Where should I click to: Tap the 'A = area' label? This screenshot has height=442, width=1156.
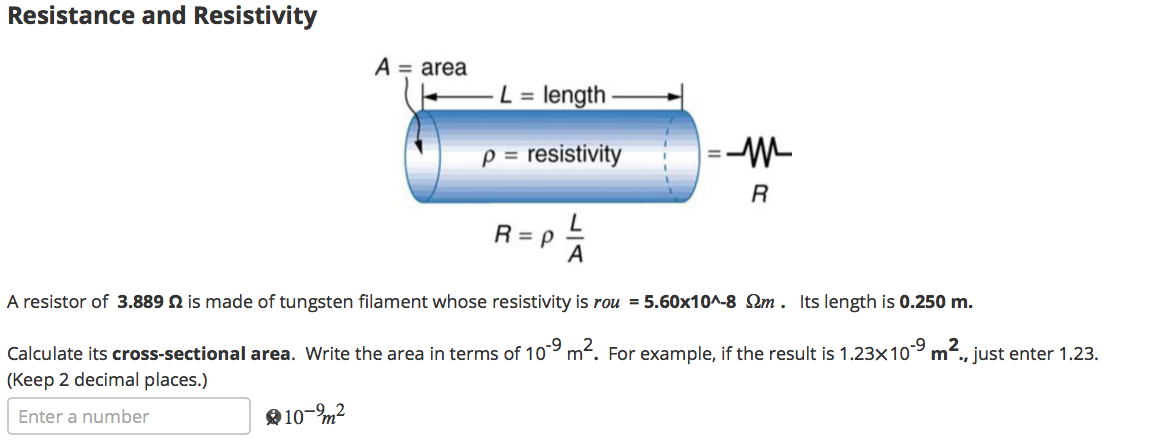pos(420,68)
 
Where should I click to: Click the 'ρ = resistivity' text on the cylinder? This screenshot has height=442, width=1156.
pos(551,155)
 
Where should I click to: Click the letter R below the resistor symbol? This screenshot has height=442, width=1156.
pos(758,193)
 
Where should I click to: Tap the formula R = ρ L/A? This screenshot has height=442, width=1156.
pos(541,241)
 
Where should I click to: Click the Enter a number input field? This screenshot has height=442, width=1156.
pos(128,416)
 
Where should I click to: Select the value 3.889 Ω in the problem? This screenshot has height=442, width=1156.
pos(149,302)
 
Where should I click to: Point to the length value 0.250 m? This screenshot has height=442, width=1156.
pos(936,302)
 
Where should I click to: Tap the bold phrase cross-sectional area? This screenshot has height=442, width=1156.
pos(203,354)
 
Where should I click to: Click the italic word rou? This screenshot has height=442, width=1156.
pos(607,302)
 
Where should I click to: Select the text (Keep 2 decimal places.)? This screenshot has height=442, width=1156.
pos(107,380)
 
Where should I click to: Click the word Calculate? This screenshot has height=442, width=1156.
pos(40,354)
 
